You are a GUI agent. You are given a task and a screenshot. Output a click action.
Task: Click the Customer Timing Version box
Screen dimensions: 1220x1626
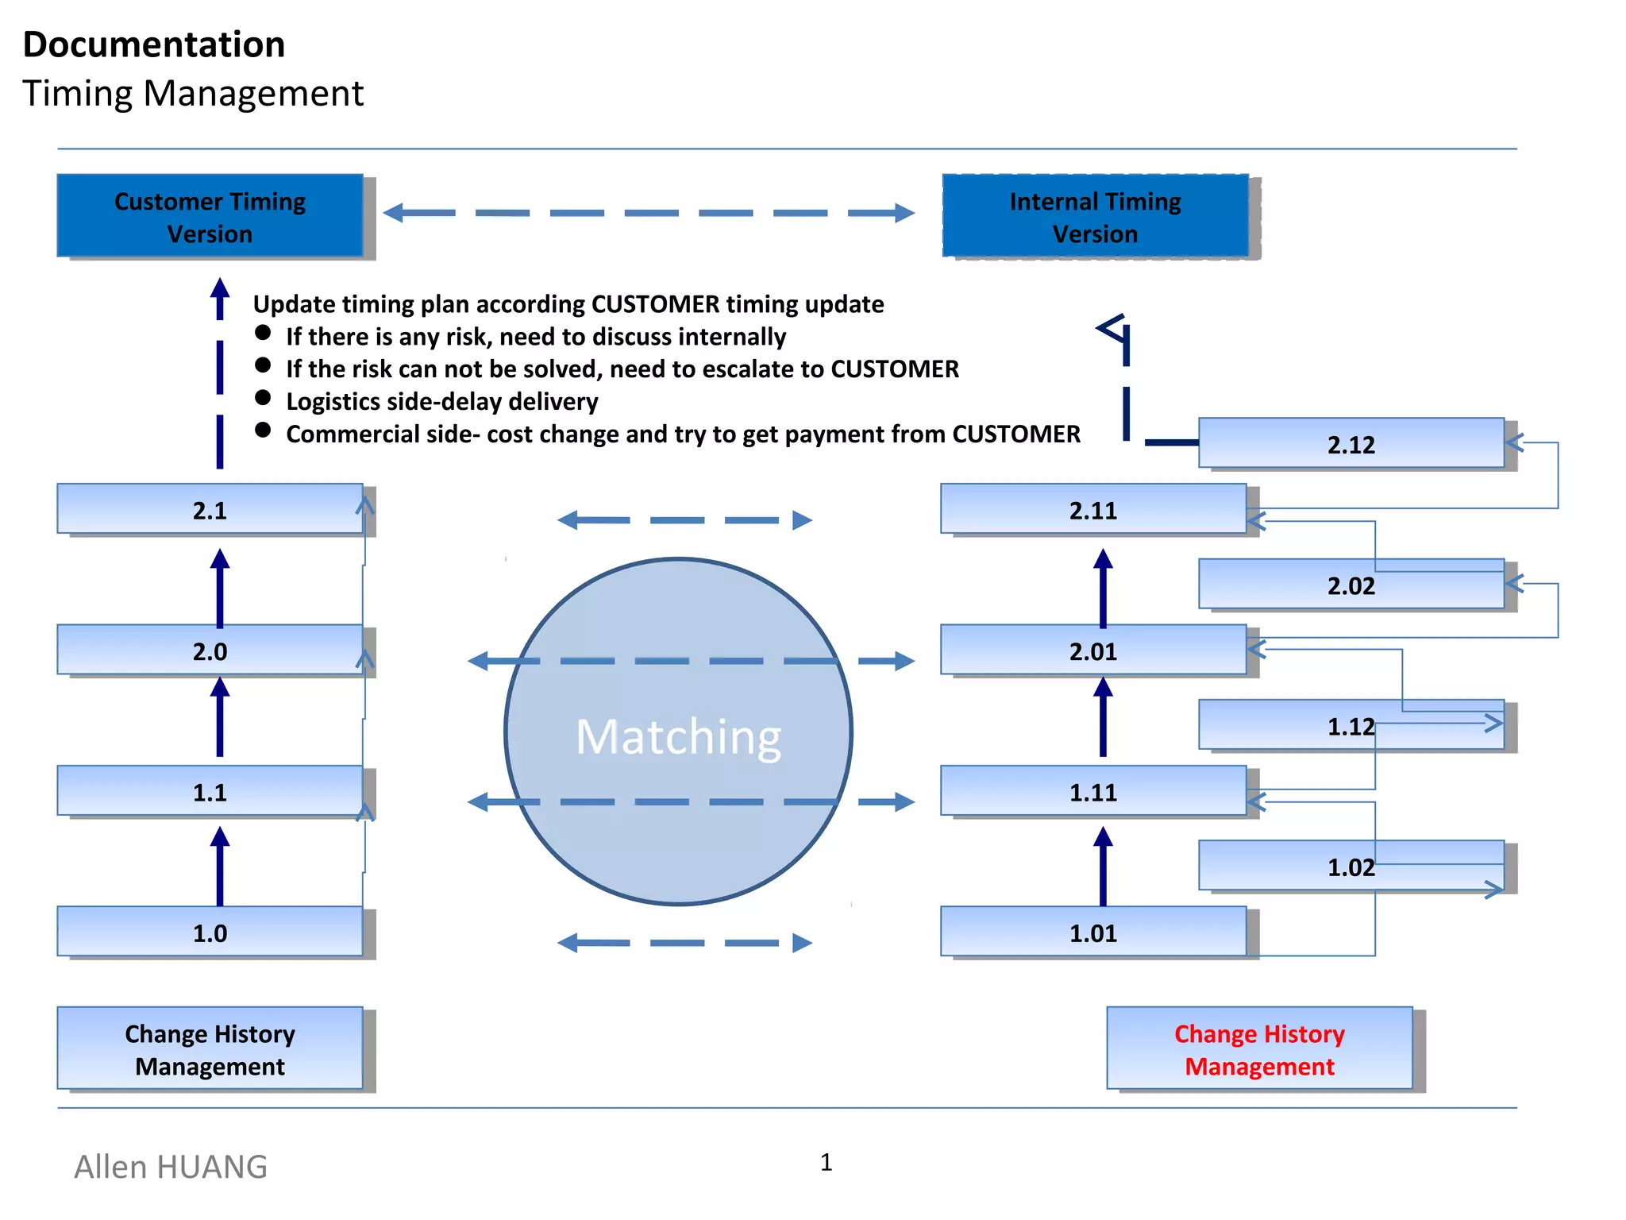pos(210,216)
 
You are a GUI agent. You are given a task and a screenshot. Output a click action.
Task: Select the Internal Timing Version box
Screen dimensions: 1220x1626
pos(1095,216)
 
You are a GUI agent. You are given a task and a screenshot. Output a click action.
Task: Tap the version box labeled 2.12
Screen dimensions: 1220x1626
pos(1351,443)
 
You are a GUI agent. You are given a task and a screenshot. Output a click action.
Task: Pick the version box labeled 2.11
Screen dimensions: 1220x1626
pos(1092,509)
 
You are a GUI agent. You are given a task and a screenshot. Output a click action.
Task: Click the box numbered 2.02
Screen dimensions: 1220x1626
pos(1351,585)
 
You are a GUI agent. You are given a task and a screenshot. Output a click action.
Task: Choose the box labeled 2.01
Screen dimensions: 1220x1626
pos(1092,651)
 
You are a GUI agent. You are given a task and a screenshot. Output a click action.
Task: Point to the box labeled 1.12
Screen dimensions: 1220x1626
pos(1351,725)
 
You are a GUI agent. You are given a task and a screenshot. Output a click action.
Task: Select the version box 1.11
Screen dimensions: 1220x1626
pos(1092,791)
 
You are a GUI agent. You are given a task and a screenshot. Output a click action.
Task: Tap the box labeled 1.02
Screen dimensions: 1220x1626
pos(1351,866)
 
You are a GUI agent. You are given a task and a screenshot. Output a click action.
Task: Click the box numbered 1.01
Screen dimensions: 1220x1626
pos(1092,932)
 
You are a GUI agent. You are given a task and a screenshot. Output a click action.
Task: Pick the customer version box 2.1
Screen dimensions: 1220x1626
pos(210,509)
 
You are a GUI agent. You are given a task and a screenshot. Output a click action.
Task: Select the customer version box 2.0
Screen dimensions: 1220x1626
pos(210,651)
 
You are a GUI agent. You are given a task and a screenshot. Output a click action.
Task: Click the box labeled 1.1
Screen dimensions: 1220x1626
pos(210,791)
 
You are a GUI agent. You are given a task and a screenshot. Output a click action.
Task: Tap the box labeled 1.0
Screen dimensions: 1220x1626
pos(210,932)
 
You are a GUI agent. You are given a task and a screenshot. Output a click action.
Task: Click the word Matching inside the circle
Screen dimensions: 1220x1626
pos(678,736)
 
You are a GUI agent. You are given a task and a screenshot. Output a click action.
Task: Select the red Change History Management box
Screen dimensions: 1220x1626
pos(1259,1048)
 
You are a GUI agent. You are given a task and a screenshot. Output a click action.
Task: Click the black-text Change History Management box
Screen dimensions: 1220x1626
pos(210,1048)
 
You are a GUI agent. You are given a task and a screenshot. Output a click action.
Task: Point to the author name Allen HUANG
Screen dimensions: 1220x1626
pos(171,1167)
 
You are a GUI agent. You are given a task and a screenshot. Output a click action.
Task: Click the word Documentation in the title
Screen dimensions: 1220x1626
pos(154,44)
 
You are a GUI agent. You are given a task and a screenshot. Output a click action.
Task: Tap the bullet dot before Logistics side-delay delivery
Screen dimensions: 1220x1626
pos(263,397)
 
